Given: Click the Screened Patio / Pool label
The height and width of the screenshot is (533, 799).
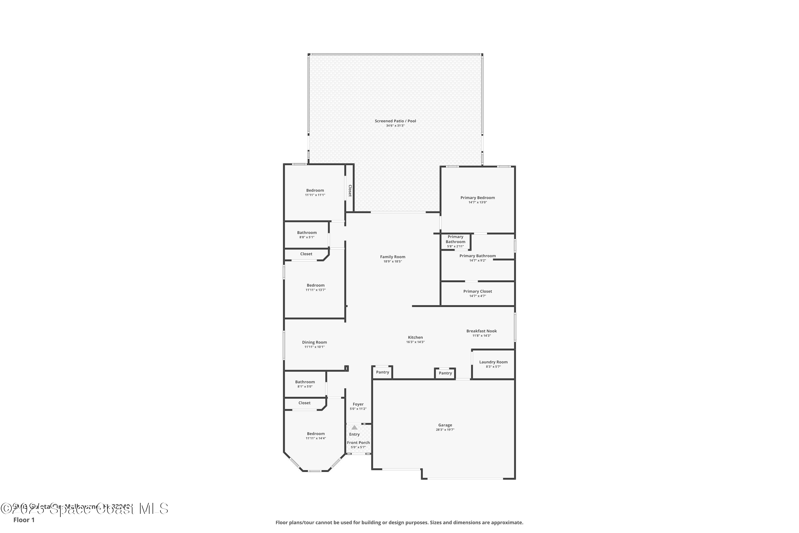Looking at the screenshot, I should [x=395, y=121].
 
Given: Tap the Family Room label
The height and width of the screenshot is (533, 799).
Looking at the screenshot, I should [x=392, y=257].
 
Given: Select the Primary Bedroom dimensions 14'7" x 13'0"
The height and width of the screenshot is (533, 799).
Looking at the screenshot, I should [x=477, y=202].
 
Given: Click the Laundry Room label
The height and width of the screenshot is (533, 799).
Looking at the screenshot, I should [x=493, y=362].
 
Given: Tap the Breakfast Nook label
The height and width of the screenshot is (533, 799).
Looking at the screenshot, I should [x=481, y=331].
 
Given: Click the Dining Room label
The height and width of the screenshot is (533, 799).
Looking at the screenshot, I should [x=314, y=342].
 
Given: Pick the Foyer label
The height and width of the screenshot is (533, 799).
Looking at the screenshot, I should [x=358, y=404].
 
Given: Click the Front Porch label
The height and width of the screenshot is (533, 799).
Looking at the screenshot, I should [x=358, y=443].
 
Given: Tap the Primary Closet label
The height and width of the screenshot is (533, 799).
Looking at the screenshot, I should [x=477, y=291].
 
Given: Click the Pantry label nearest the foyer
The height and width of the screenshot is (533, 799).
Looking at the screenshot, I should [x=382, y=372].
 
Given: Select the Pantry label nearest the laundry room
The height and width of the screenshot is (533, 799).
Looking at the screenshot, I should [x=445, y=373].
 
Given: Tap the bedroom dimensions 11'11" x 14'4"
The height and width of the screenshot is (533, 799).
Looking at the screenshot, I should [x=316, y=438].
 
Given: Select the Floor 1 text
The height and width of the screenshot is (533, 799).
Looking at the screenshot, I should [x=24, y=520].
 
